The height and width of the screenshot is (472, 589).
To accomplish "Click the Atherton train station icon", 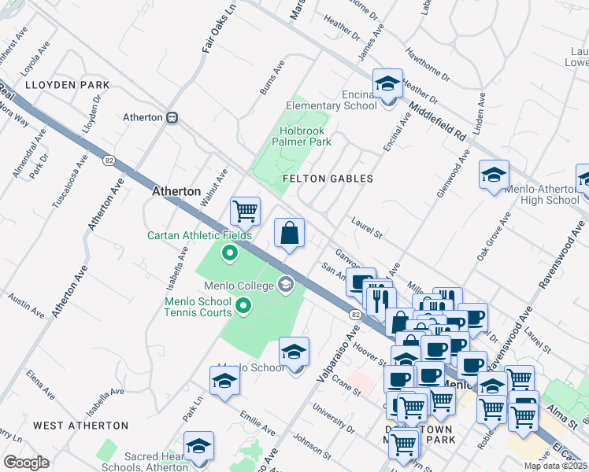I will [x=171, y=117].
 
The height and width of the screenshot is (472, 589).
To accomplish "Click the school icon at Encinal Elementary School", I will [x=387, y=83].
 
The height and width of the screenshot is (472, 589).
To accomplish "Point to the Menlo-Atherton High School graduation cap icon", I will [x=494, y=175].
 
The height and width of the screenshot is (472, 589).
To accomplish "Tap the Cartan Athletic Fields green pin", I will [x=229, y=253].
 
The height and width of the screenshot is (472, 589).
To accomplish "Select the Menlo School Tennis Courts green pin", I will [x=243, y=306].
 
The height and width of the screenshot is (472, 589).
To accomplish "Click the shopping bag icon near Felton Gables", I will [x=289, y=234].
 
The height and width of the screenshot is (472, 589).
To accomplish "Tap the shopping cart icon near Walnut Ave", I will [x=245, y=212].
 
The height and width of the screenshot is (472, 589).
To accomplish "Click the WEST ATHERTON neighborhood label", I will [x=80, y=426].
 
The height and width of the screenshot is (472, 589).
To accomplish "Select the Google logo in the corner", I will [x=27, y=462].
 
